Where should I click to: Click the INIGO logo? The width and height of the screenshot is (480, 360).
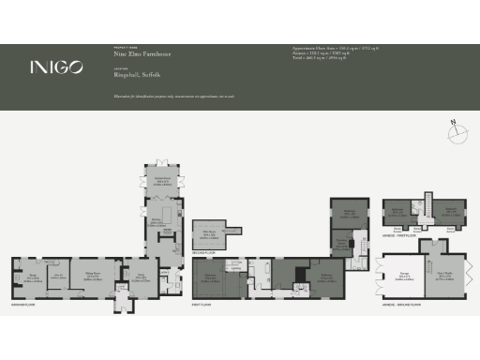[x=49, y=67]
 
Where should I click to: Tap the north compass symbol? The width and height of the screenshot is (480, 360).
[x=455, y=132]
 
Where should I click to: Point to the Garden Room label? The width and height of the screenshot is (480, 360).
[x=159, y=180]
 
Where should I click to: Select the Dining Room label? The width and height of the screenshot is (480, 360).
[x=94, y=277]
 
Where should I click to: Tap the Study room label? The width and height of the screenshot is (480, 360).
[x=32, y=277]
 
